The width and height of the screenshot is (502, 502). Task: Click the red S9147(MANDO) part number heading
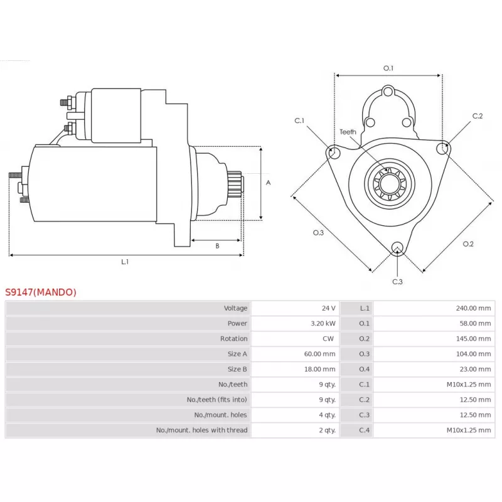tap(41, 292)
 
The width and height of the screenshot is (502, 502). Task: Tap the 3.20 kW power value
tap(323, 323)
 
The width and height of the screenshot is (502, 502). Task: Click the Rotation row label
tap(233, 339)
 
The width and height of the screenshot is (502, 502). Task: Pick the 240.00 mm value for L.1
tap(473, 308)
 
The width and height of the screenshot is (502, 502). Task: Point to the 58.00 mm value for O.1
tap(475, 323)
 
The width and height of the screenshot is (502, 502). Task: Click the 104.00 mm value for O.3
tap(473, 354)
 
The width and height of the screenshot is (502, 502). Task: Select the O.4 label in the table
tap(364, 369)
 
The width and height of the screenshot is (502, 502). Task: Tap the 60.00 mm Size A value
tap(319, 354)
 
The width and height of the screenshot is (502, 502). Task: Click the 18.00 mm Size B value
tap(319, 369)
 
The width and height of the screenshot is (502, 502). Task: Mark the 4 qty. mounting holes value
tap(327, 415)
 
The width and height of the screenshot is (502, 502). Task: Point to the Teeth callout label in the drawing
tap(348, 132)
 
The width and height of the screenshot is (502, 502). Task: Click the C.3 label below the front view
tap(397, 282)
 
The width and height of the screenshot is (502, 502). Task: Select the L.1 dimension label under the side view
tap(125, 262)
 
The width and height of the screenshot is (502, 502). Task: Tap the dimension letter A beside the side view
tap(269, 183)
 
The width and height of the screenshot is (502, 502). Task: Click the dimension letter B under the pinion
tap(217, 246)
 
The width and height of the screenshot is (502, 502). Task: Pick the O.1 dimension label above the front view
tap(388, 68)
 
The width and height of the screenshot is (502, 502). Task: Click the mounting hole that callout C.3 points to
tap(397, 248)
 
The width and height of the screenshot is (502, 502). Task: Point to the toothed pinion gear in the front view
tap(390, 184)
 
